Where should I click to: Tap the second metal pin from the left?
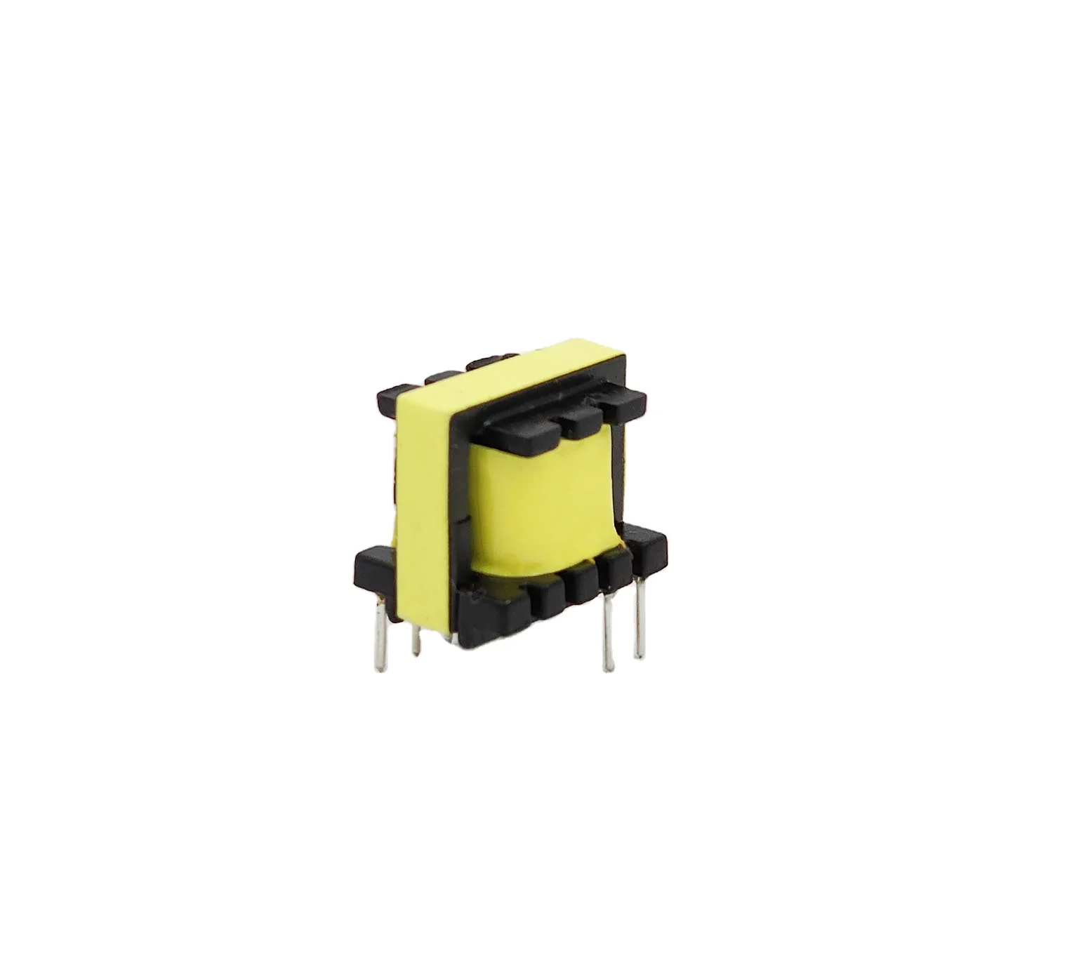click(x=416, y=640)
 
